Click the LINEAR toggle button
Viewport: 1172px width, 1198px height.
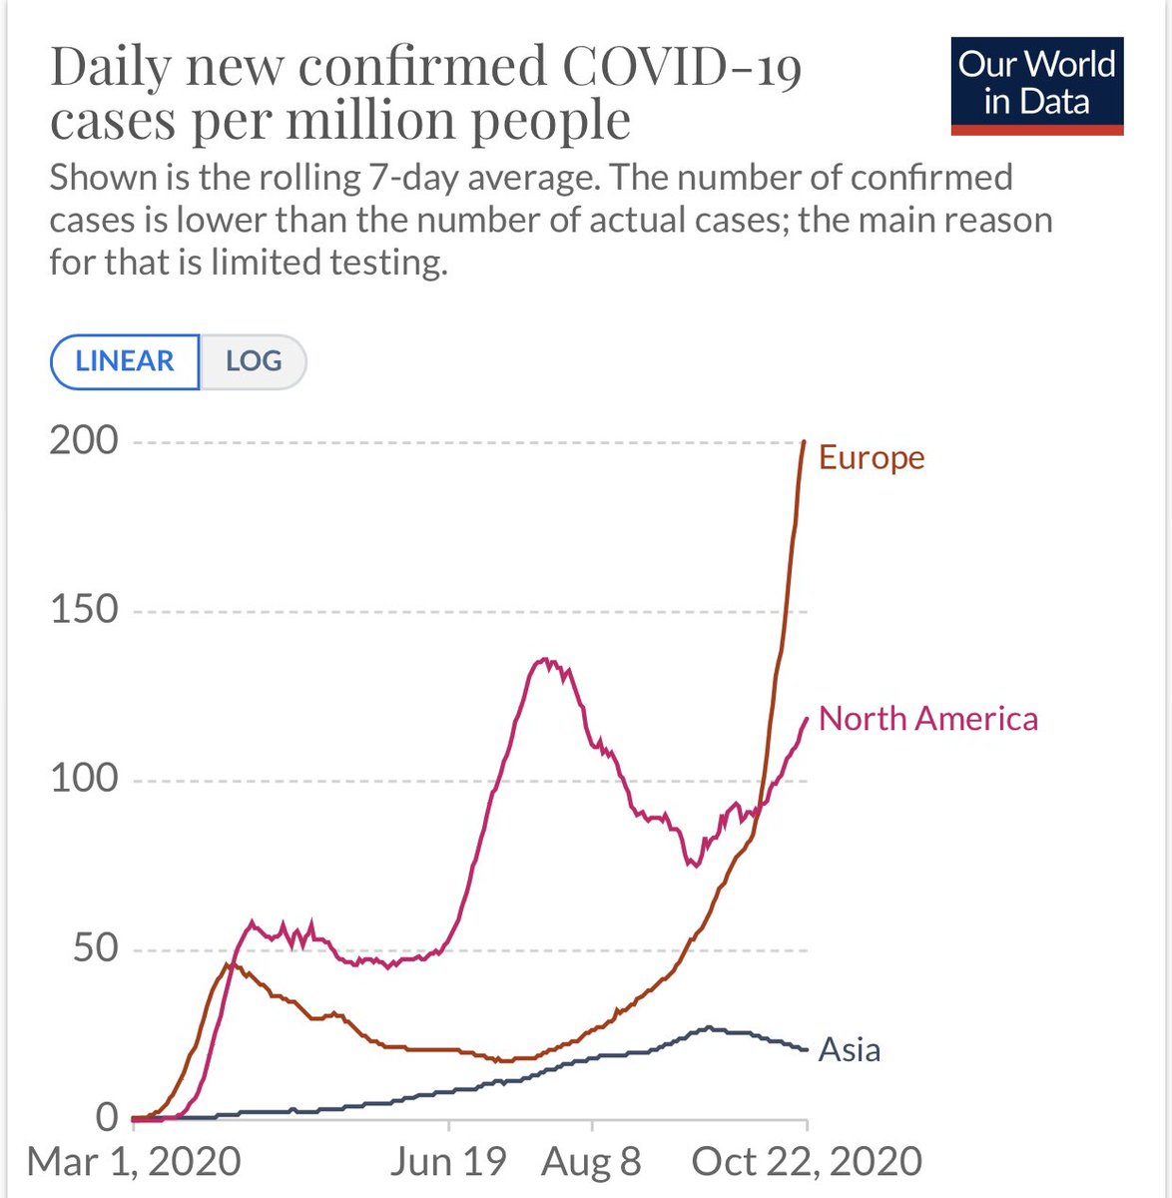coord(125,361)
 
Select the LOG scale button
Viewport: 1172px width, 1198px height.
coord(254,361)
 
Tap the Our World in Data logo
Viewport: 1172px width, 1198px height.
coord(1037,86)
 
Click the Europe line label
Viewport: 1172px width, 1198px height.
coord(872,457)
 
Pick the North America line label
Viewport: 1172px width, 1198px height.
coord(928,719)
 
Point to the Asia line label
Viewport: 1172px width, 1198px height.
coord(850,1050)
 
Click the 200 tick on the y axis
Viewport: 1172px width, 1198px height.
coord(84,440)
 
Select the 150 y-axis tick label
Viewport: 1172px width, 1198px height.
coord(84,609)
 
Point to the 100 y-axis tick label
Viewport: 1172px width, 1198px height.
coord(84,779)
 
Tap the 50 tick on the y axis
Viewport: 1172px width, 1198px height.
coord(96,948)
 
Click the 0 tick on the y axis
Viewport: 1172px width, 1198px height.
coord(108,1117)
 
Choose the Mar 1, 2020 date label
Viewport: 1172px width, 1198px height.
coord(134,1162)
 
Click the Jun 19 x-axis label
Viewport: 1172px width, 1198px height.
coord(448,1162)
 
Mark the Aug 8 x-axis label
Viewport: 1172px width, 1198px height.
coord(591,1162)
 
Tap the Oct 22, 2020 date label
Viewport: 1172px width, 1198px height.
coord(807,1162)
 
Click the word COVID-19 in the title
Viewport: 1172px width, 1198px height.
coord(682,68)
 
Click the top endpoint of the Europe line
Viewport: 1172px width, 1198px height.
coord(805,441)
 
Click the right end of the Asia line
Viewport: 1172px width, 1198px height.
coord(807,1049)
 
